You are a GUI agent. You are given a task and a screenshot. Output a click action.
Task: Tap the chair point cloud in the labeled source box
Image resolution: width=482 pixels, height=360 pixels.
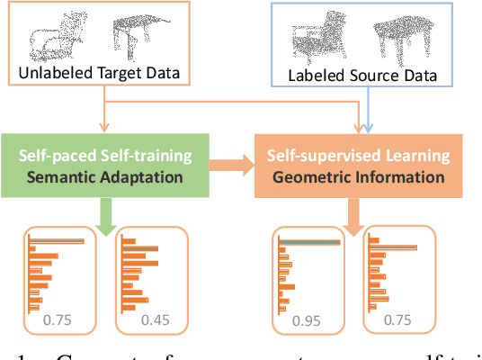(316, 41)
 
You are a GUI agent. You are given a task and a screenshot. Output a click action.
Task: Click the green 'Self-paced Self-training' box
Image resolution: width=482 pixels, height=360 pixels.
(105, 166)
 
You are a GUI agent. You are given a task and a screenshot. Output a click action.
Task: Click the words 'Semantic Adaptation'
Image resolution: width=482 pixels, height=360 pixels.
(105, 176)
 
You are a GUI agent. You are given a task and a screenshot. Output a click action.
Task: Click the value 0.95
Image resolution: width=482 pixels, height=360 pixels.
(308, 321)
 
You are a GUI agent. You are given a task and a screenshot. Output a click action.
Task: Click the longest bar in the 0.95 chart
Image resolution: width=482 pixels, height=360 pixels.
(309, 242)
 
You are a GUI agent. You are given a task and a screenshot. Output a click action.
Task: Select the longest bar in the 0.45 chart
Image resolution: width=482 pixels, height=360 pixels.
(141, 248)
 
